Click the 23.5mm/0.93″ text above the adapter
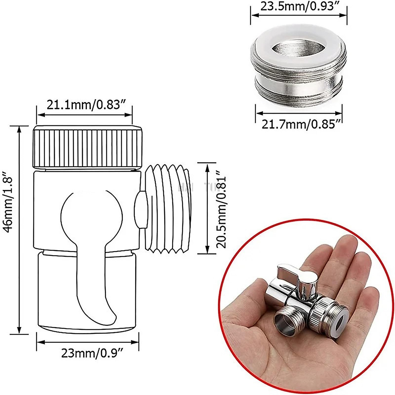(299, 7)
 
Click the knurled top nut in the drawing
(88, 147)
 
